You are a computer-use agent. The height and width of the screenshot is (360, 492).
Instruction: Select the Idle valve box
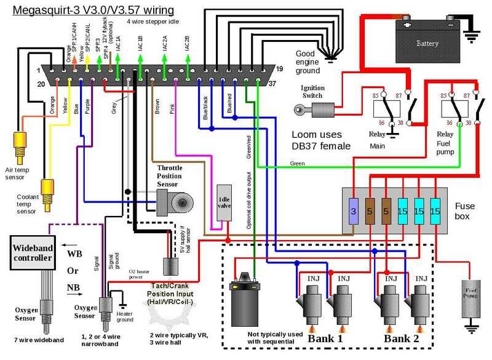224,202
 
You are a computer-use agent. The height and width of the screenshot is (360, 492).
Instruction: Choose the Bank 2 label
403,338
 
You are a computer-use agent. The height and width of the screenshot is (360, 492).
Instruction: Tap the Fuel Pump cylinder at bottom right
472,296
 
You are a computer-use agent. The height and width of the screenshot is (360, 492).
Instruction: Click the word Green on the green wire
298,163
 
